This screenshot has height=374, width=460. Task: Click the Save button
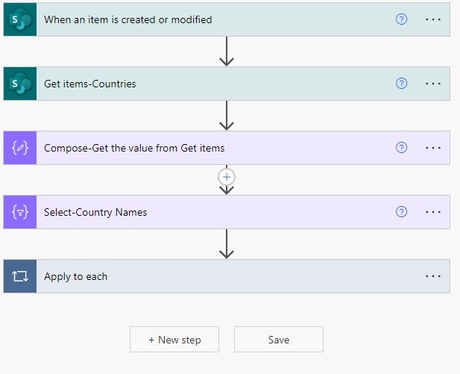coord(279,340)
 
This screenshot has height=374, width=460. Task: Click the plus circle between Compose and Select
coord(227,177)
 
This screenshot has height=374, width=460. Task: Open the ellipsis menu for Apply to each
coord(433,276)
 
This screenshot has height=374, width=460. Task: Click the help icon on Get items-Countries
coord(401,84)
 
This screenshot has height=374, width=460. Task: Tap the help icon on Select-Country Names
coord(401,212)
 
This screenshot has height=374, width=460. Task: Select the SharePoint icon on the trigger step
coord(20,19)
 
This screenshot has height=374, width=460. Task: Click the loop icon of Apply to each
coord(20,276)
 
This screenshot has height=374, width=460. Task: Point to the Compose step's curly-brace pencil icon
coord(20,148)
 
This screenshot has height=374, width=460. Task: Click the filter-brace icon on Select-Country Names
coord(20,212)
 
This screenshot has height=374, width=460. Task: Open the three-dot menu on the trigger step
coord(433,19)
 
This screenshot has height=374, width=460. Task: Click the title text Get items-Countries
coord(89,84)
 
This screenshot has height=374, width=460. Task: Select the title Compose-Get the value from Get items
coord(134,148)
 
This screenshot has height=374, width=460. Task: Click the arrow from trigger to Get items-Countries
coord(227,51)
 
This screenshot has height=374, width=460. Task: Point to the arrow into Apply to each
coord(227,244)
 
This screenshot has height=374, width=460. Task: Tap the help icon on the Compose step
coord(401,148)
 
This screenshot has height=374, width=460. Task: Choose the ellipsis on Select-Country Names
coord(433,212)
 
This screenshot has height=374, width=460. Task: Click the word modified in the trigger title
coord(192,19)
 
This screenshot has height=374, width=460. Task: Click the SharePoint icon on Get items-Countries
coord(20,84)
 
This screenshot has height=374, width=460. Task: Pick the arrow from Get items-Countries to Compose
coord(227,116)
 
